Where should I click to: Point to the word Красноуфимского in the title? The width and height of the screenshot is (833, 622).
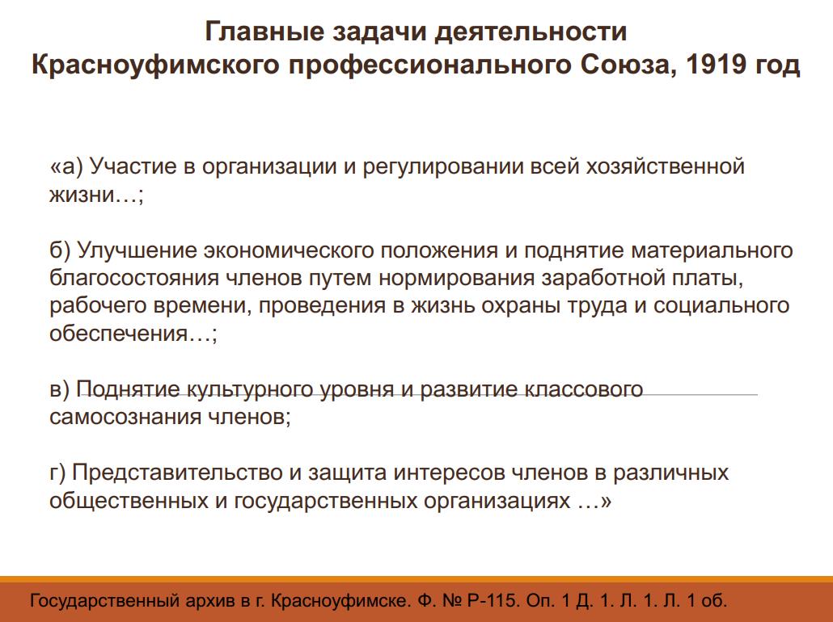[x=155, y=65]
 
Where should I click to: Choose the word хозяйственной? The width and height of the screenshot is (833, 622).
[x=665, y=166]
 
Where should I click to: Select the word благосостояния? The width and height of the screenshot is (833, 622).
[x=134, y=278]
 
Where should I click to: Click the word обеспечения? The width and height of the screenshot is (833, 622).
[x=118, y=334]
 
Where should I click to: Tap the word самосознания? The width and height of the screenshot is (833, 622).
[x=125, y=417]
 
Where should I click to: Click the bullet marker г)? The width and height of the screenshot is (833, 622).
[x=57, y=473]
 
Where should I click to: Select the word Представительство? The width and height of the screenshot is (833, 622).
[x=177, y=473]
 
